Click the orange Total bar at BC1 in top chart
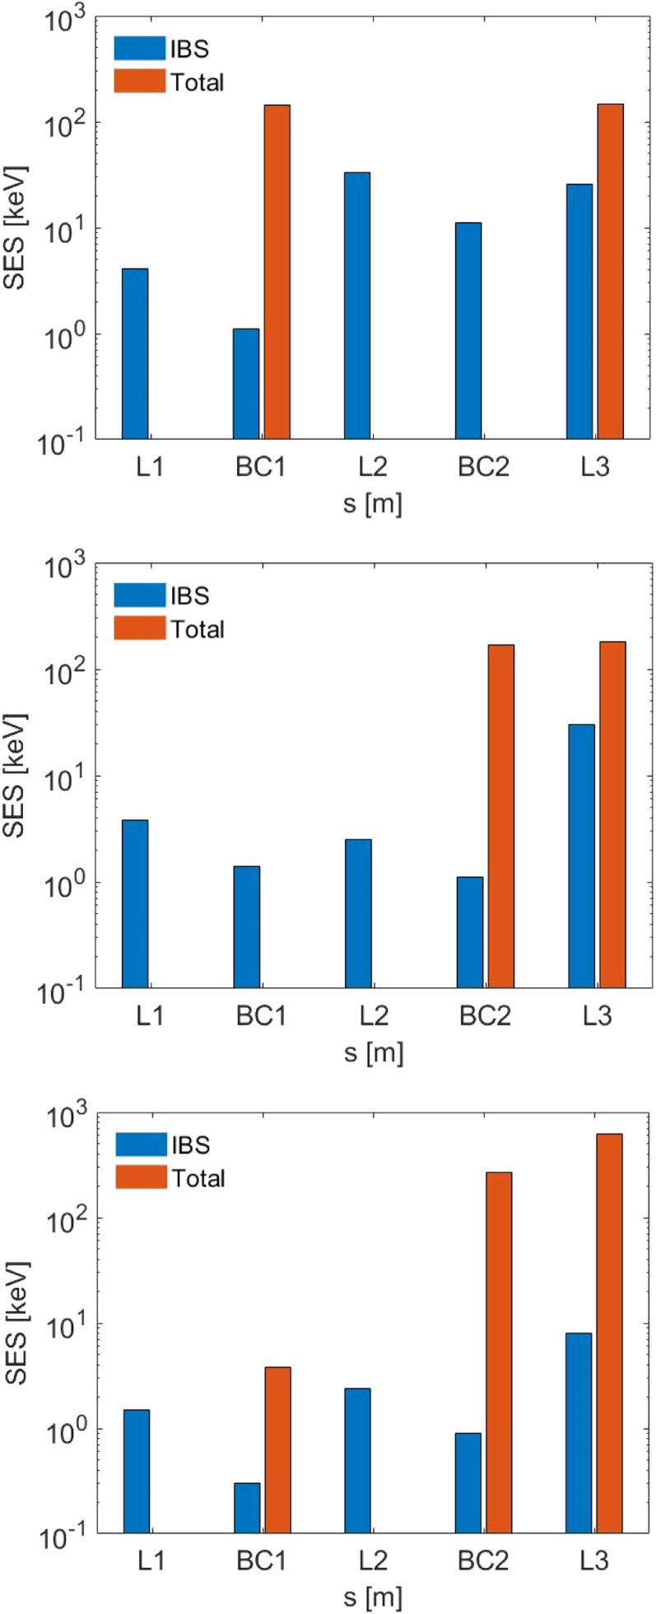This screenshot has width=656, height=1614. [277, 272]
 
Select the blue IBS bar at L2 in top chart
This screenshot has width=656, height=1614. [357, 305]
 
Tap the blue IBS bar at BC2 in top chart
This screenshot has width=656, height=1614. [468, 329]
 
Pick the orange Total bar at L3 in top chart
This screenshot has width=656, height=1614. [611, 271]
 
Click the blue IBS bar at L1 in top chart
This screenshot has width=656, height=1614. [135, 353]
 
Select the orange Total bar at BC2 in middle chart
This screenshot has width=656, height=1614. [500, 815]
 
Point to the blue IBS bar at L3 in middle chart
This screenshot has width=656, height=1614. [581, 856]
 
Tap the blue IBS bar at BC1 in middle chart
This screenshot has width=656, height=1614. [246, 926]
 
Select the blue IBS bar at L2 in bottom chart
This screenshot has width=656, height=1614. [357, 1448]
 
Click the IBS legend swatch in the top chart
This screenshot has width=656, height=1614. [139, 49]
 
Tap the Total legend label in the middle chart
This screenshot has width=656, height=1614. [198, 629]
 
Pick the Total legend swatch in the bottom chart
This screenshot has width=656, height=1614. [140, 1178]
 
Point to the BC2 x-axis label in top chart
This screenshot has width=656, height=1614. [484, 467]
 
